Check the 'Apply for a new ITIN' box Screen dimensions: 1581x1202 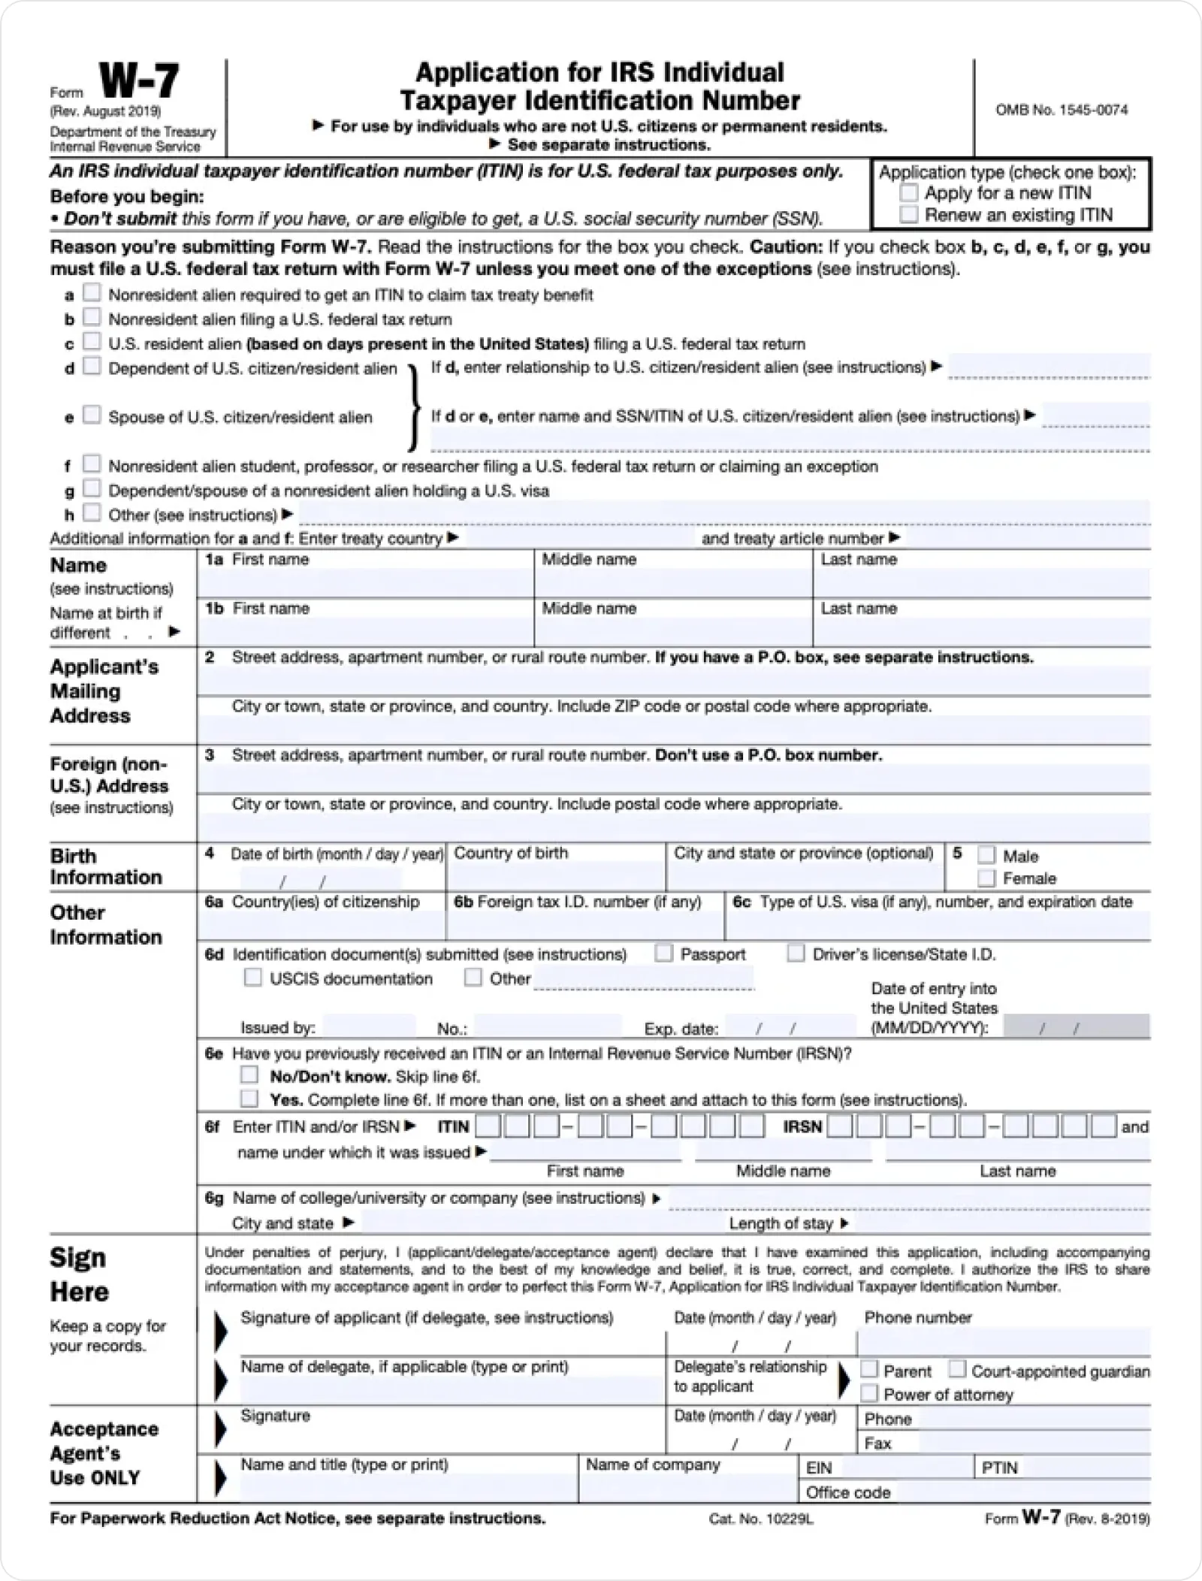click(x=909, y=192)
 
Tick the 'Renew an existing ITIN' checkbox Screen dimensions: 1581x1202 click(x=909, y=215)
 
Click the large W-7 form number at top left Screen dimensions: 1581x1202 click(x=139, y=81)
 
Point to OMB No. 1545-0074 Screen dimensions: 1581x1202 click(x=1062, y=110)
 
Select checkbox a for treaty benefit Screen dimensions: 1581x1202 click(x=92, y=292)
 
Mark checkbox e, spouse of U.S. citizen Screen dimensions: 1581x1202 click(x=92, y=415)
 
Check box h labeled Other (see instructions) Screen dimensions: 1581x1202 click(x=92, y=512)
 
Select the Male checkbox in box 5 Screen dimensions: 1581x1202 click(x=987, y=855)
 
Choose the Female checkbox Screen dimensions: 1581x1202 click(x=987, y=878)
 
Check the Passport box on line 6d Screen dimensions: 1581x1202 click(x=663, y=953)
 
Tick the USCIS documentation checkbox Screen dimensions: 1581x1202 click(x=253, y=978)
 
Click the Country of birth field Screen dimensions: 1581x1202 click(x=555, y=876)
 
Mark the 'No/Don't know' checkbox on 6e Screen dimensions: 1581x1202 click(x=249, y=1075)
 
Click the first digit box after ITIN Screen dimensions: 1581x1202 click(x=488, y=1126)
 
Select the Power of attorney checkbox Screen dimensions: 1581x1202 click(x=869, y=1394)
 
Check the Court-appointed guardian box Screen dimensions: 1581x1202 click(x=957, y=1370)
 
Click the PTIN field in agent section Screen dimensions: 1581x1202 click(x=1086, y=1468)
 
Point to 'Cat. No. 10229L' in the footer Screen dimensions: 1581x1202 click(x=761, y=1519)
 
